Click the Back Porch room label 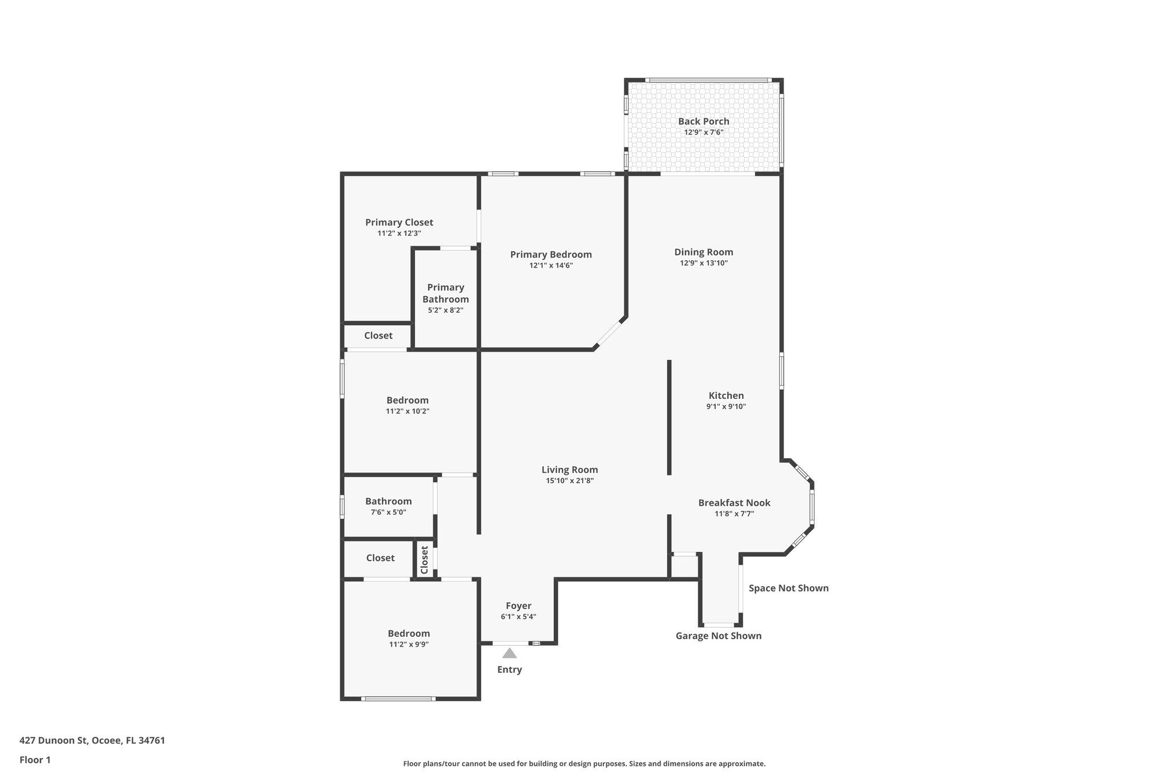(703, 121)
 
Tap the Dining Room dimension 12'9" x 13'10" (703, 263)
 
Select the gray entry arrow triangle (509, 653)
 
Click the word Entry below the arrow (509, 669)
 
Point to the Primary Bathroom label (445, 293)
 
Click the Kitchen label (726, 395)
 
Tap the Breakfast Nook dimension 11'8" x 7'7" (734, 514)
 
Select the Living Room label (570, 470)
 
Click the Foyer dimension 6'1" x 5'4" (518, 616)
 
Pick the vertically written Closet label (424, 559)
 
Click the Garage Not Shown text (718, 636)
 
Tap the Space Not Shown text (788, 588)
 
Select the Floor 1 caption (35, 760)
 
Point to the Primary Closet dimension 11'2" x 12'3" (399, 233)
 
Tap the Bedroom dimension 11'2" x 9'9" (409, 644)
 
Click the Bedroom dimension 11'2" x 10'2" (408, 411)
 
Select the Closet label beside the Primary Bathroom (378, 336)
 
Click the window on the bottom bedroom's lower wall (398, 699)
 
